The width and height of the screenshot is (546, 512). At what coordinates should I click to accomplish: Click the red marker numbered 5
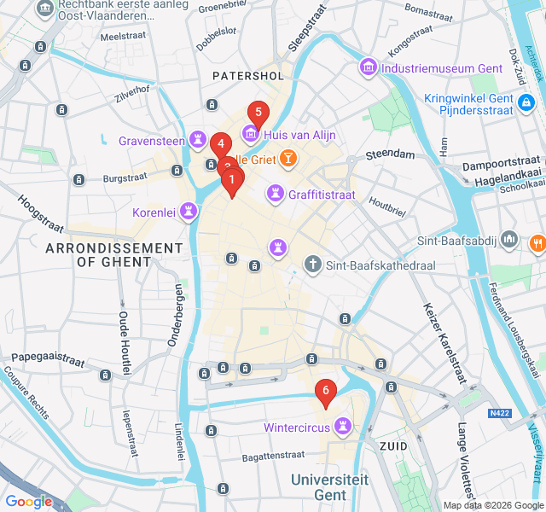[x=258, y=113]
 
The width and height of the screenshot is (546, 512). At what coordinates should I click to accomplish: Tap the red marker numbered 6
[x=325, y=392]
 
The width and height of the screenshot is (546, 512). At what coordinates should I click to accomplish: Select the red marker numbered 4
[x=221, y=145]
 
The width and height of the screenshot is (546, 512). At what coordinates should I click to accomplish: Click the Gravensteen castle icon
[x=198, y=138]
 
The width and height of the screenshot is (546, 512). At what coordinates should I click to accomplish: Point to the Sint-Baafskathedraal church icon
[x=313, y=265]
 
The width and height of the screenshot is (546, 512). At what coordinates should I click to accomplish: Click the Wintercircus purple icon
[x=344, y=424]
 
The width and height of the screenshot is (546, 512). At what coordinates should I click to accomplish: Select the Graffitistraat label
[x=322, y=195]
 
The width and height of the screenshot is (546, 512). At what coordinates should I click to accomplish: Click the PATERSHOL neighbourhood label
[x=247, y=76]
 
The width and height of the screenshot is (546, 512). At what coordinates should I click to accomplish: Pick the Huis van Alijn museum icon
[x=251, y=134]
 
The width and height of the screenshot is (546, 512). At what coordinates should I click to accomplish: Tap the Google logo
[x=28, y=501]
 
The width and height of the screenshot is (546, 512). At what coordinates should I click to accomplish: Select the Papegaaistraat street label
[x=48, y=360]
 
